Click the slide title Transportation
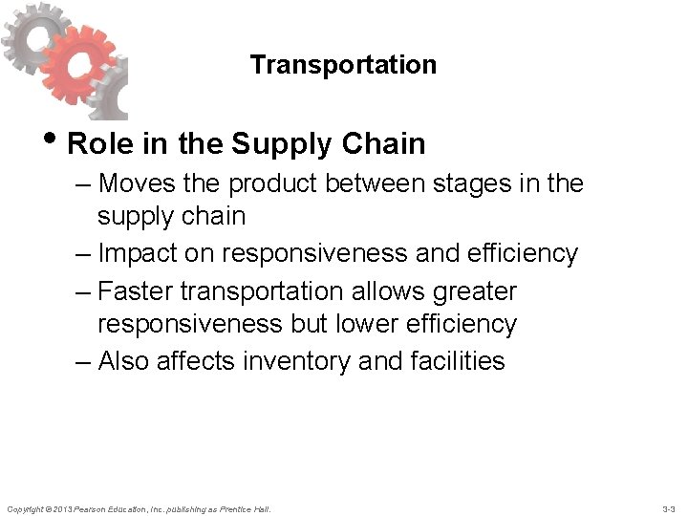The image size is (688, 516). pyautogui.click(x=343, y=65)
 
